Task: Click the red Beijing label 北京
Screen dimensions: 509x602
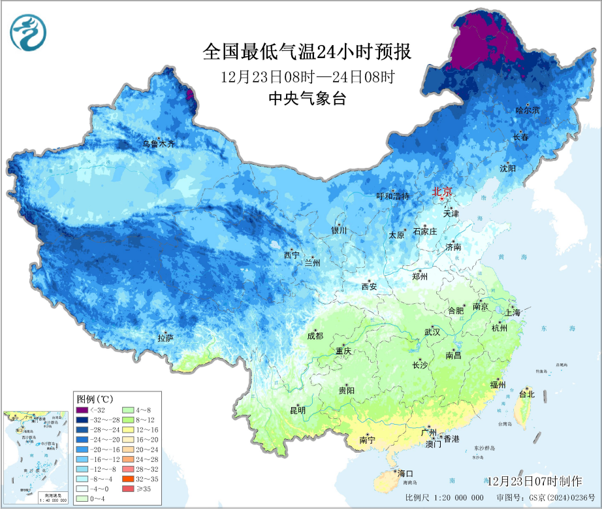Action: (x=442, y=192)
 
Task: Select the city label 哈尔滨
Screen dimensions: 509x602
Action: (x=528, y=110)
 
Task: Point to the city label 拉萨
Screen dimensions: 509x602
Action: (x=165, y=338)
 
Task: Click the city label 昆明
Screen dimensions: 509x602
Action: (x=298, y=410)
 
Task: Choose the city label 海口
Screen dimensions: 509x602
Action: (x=405, y=474)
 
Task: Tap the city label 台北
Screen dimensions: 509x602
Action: (x=526, y=394)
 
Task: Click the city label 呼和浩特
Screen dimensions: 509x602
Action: (x=393, y=196)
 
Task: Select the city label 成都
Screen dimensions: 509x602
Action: (x=315, y=336)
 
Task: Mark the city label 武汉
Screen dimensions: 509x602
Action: (x=432, y=332)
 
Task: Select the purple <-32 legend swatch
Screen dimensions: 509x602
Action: (x=82, y=409)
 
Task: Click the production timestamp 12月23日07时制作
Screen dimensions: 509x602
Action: (x=533, y=482)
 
